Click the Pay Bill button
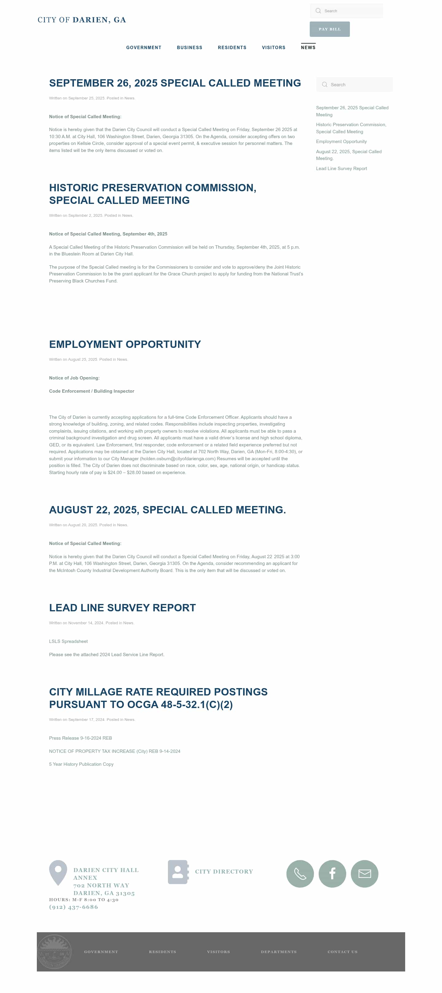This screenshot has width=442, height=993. (329, 29)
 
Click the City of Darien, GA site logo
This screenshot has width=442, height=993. (82, 20)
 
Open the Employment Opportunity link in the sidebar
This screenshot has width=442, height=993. (341, 142)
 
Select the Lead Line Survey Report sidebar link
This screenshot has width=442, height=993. (341, 169)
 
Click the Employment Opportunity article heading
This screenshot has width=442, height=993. (125, 344)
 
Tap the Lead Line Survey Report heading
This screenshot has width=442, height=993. (122, 608)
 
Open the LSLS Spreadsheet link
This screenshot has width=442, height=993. (68, 641)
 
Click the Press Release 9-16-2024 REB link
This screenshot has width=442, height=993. (80, 738)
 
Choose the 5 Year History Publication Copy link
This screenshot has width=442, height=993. (81, 764)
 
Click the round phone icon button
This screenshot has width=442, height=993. (300, 874)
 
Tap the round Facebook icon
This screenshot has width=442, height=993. (332, 874)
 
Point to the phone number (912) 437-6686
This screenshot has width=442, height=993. (73, 907)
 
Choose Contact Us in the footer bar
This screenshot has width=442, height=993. (342, 952)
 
